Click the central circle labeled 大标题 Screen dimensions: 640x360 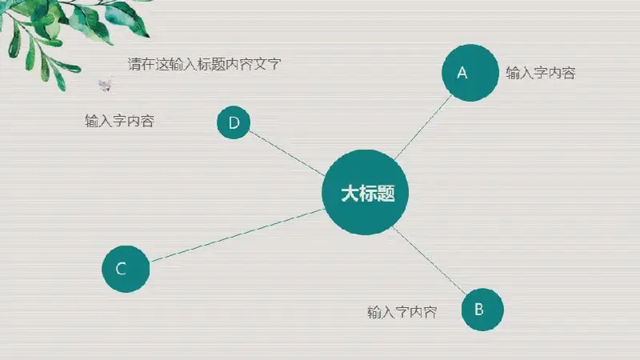[366, 192]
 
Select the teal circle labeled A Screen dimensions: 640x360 [470, 73]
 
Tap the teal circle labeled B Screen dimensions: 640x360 [482, 310]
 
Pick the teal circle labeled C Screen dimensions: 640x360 [126, 269]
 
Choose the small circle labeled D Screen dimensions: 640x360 [234, 122]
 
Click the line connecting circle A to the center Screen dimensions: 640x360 [423, 127]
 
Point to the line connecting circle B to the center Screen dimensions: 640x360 [429, 260]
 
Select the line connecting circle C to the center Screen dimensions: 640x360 [238, 235]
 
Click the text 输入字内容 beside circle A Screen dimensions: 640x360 [541, 73]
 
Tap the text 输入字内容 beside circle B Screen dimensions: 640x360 [402, 312]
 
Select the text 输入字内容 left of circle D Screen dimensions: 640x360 [119, 121]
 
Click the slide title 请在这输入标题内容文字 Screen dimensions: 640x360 [205, 64]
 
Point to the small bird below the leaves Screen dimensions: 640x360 [106, 84]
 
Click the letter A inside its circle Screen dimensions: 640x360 [462, 73]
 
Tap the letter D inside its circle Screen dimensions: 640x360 [234, 123]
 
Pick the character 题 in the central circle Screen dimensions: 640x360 [386, 193]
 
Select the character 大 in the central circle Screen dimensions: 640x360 [350, 193]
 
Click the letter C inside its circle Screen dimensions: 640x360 [121, 269]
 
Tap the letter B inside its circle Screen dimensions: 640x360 [479, 310]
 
